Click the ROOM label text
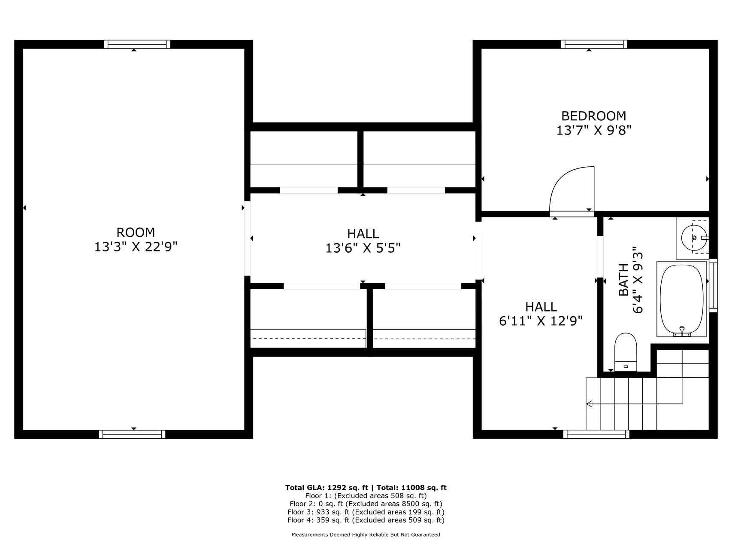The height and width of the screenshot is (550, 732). click(x=136, y=232)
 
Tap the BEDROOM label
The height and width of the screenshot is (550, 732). click(x=594, y=116)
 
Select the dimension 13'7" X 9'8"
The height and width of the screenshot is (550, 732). click(x=594, y=130)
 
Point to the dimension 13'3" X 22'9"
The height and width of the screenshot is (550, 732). click(x=136, y=247)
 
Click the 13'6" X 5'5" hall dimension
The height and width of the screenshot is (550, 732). click(x=363, y=248)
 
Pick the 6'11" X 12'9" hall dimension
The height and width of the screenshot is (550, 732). click(x=541, y=321)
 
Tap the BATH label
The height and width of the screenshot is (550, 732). click(x=623, y=280)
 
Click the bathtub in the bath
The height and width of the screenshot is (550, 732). click(x=681, y=299)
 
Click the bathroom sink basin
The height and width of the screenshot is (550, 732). click(x=694, y=238)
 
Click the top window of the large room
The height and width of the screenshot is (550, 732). click(x=137, y=44)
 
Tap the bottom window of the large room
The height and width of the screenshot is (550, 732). click(x=132, y=434)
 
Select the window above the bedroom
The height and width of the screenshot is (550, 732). click(x=594, y=44)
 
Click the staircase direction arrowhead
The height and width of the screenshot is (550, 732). click(x=589, y=404)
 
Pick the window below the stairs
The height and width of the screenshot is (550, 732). click(x=596, y=434)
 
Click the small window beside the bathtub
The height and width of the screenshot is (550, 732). click(x=713, y=285)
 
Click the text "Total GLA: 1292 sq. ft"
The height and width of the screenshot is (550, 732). click(x=327, y=488)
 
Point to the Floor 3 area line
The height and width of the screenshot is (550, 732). click(x=366, y=512)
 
